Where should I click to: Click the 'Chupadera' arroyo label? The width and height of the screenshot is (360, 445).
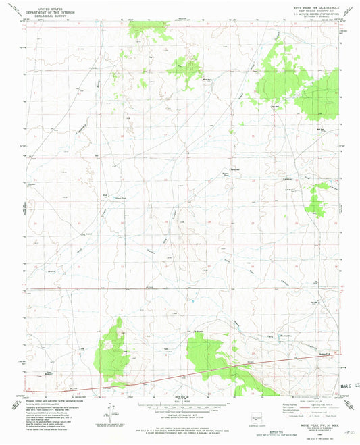point(81,126)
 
